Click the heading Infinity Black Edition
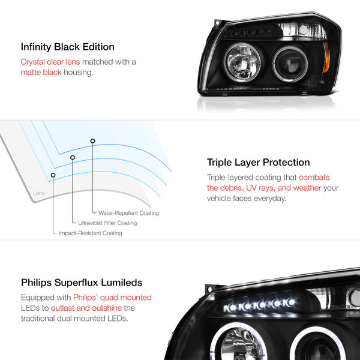[x=67, y=47]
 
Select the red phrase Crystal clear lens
[x=50, y=62]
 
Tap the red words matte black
[x=41, y=73]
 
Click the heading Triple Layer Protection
[x=258, y=163]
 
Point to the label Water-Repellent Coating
[x=128, y=213]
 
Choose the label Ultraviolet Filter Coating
[x=107, y=223]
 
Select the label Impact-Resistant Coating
[x=91, y=233]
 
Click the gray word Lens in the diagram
[x=39, y=193]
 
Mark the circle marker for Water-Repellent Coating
[x=92, y=141]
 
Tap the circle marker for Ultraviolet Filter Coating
[x=73, y=157]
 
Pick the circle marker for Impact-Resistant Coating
[x=53, y=175]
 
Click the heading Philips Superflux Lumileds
[x=82, y=283]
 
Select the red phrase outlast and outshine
[x=86, y=308]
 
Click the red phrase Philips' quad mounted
[x=113, y=298]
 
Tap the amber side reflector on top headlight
[x=326, y=57]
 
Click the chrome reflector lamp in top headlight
[x=242, y=62]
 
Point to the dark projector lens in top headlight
[x=290, y=64]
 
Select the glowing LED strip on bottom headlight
[x=259, y=305]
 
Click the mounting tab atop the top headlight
[x=218, y=23]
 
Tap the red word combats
[x=314, y=177]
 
